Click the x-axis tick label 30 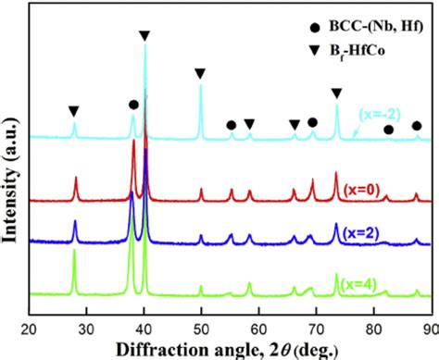tap(86, 327)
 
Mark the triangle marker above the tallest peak tap(144, 35)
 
